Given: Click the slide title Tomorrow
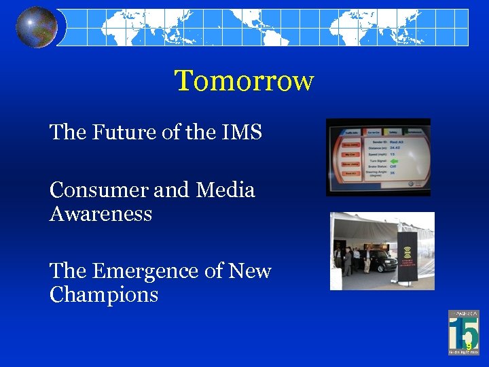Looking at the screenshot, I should (x=244, y=81).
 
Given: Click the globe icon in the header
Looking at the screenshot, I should (x=37, y=27).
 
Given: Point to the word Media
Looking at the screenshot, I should (x=225, y=190).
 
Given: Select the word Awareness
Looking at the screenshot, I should (x=101, y=214).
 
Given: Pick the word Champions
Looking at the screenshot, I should (x=103, y=295).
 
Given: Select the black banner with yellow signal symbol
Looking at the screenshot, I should (x=408, y=258).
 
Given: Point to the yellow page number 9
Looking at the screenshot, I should (x=468, y=346).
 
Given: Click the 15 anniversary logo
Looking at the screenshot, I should (x=463, y=332).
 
